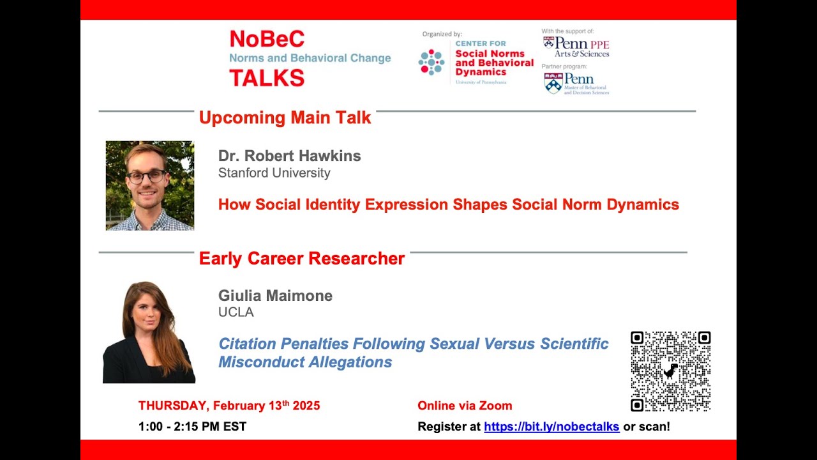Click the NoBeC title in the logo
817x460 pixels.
267,39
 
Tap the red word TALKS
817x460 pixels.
267,77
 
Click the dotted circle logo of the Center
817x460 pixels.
431,62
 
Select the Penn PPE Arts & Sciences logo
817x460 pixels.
576,47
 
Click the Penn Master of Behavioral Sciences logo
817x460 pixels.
576,83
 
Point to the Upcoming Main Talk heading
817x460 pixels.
285,118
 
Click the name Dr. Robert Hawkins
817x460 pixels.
289,156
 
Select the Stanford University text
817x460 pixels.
274,173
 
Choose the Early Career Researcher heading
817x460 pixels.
301,258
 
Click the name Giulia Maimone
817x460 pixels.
275,296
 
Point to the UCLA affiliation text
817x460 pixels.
236,312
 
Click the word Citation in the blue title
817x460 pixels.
248,344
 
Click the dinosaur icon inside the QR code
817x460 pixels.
670,371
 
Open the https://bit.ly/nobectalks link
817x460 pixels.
551,427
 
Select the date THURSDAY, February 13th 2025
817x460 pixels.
229,406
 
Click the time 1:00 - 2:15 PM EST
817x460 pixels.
192,427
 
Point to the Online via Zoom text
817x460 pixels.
465,406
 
